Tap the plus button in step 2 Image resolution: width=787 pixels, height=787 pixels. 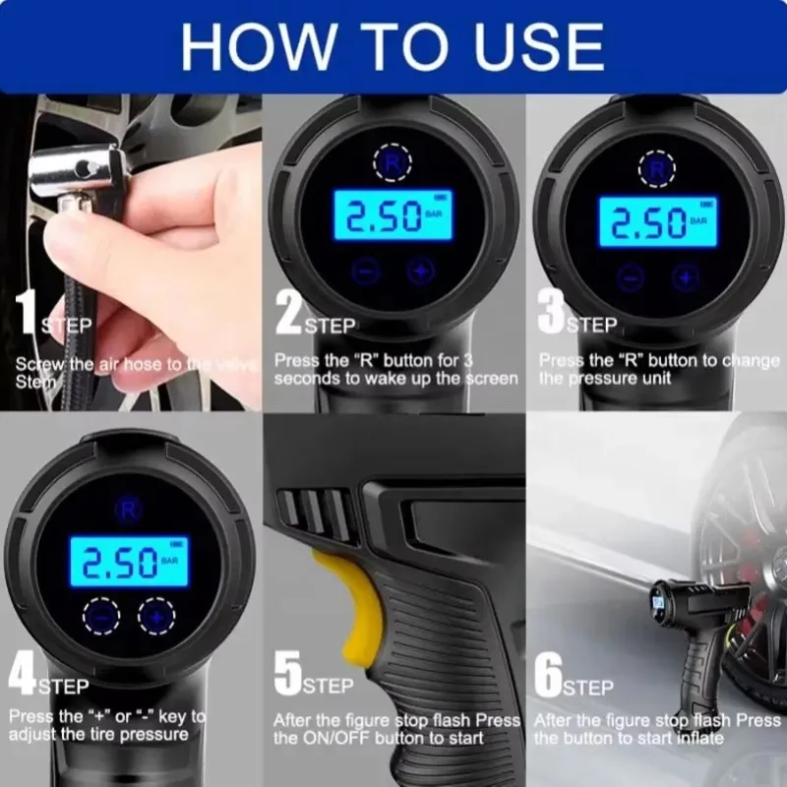click(420, 272)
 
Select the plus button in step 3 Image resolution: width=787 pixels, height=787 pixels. click(686, 276)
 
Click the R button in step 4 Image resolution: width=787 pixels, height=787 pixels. click(126, 508)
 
